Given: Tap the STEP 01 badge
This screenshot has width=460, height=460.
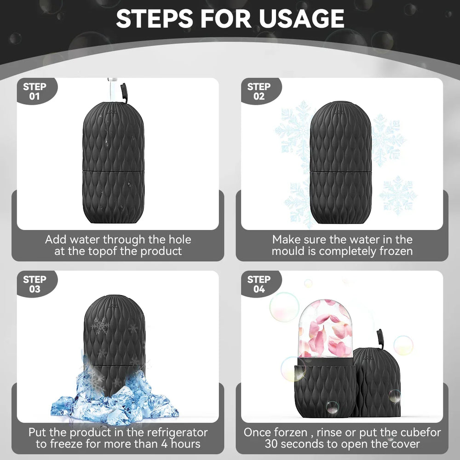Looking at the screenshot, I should point(34,91).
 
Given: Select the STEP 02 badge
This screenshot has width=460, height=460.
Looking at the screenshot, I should point(259,91).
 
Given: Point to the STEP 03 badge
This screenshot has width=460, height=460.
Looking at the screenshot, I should point(34,284).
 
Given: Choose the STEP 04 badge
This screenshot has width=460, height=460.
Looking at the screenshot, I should point(259,284).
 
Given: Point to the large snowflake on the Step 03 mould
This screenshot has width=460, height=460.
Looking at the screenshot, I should point(100,326).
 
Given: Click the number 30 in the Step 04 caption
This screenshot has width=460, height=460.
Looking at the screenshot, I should point(273,444).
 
